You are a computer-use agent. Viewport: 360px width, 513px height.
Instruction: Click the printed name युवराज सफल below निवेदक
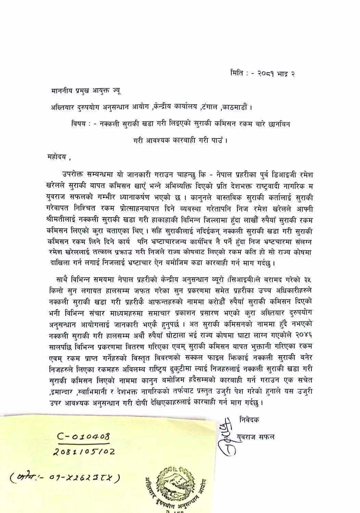tap(255, 437)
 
